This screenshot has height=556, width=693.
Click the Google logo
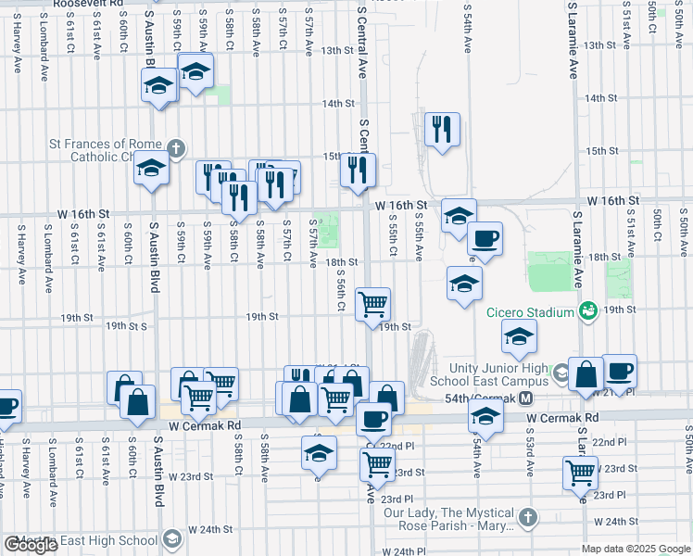pyautogui.click(x=31, y=546)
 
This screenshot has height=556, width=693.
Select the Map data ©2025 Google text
pyautogui.click(x=636, y=550)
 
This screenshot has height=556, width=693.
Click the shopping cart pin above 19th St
pyautogui.click(x=372, y=303)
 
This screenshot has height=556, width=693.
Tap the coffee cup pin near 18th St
pyautogui.click(x=485, y=239)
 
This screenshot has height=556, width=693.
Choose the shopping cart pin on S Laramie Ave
pyautogui.click(x=580, y=472)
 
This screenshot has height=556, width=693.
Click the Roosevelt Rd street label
pyautogui.click(x=88, y=4)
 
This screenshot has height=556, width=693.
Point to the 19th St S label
pyautogui.click(x=126, y=326)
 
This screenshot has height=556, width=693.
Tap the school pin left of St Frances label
pyautogui.click(x=151, y=168)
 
